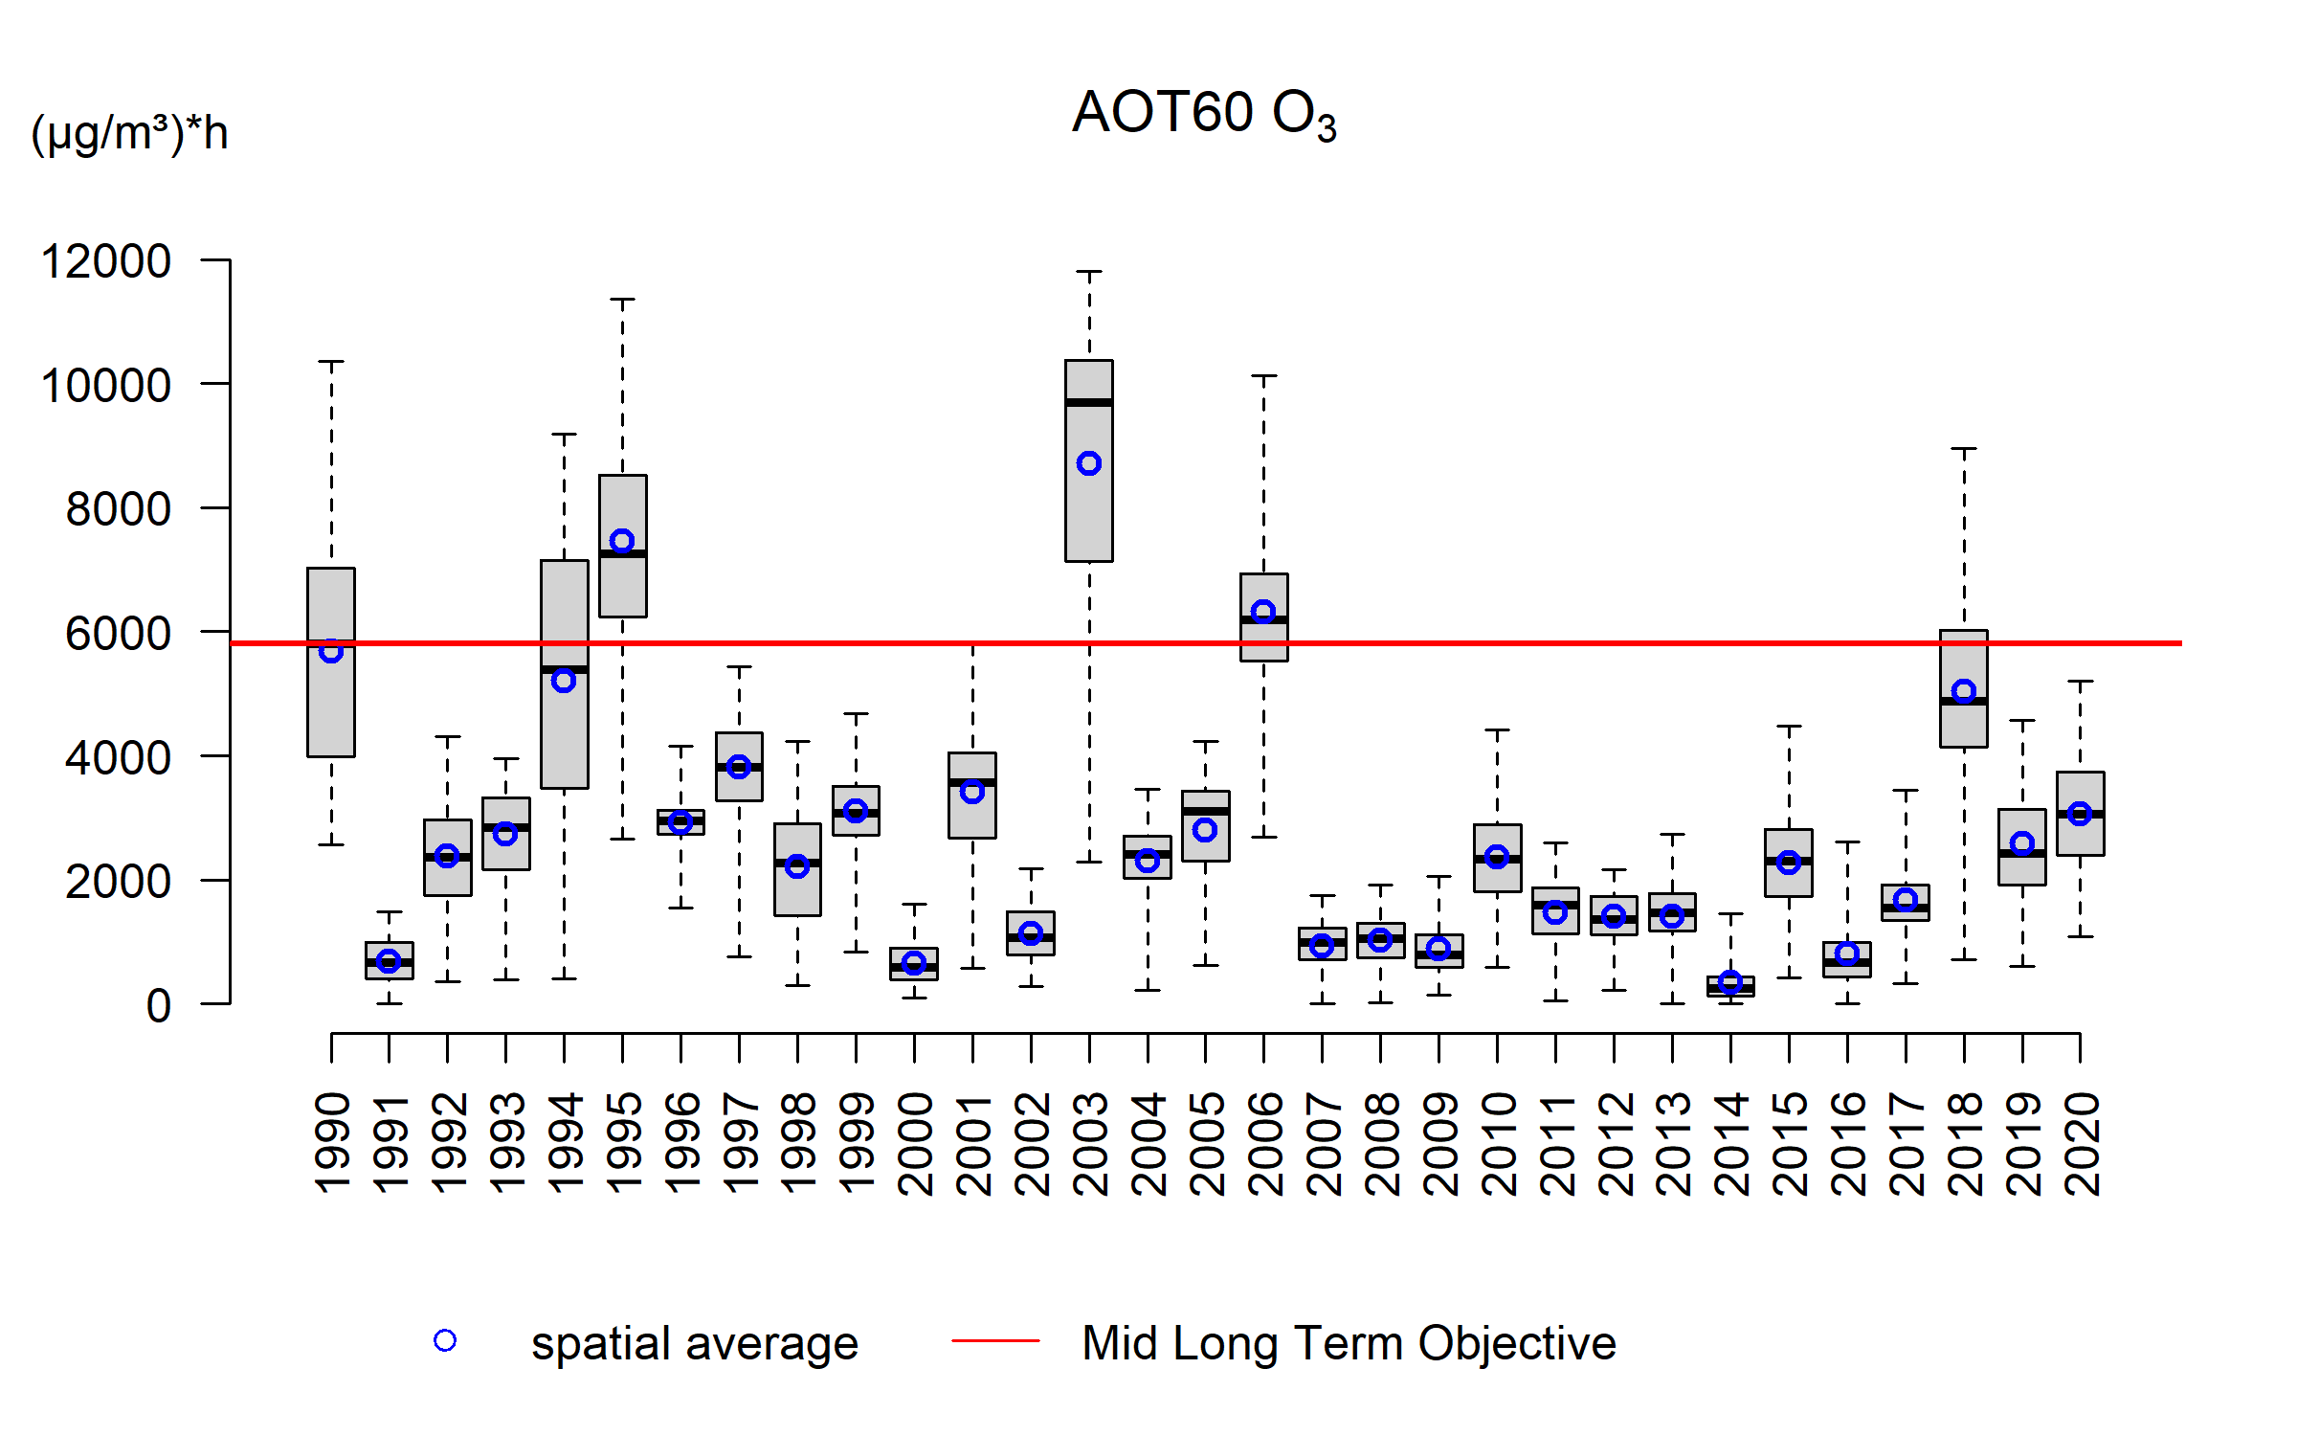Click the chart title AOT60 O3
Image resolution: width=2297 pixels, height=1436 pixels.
tap(1203, 114)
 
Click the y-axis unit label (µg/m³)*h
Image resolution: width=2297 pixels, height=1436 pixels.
tap(129, 133)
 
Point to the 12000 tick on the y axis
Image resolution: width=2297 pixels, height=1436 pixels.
tap(106, 261)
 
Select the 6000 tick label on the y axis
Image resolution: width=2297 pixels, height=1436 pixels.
tap(118, 634)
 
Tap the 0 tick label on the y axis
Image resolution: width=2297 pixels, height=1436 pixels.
tap(159, 1006)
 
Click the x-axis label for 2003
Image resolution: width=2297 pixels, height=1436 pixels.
tap(1090, 1144)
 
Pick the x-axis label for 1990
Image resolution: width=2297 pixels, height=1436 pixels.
tap(332, 1144)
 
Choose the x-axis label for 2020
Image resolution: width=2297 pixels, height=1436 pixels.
tap(2082, 1144)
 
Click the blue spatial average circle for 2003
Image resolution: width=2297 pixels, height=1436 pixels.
tap(1089, 464)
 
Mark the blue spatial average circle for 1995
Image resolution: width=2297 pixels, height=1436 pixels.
tap(622, 542)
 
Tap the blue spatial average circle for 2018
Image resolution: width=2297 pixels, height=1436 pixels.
tap(1964, 691)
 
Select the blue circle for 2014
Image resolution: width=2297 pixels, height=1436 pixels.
tap(1730, 982)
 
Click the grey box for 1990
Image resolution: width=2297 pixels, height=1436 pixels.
tap(331, 708)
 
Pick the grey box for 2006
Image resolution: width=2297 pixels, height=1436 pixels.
tap(1264, 641)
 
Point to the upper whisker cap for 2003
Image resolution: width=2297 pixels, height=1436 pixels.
tap(1089, 272)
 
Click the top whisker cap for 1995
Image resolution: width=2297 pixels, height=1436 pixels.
tap(622, 300)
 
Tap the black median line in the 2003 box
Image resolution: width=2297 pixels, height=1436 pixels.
tap(1089, 402)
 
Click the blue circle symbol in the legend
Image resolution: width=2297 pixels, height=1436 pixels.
tap(445, 1341)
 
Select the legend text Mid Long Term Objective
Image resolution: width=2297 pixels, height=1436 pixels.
tap(1349, 1343)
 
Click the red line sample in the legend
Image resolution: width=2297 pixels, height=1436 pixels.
tap(995, 1341)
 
